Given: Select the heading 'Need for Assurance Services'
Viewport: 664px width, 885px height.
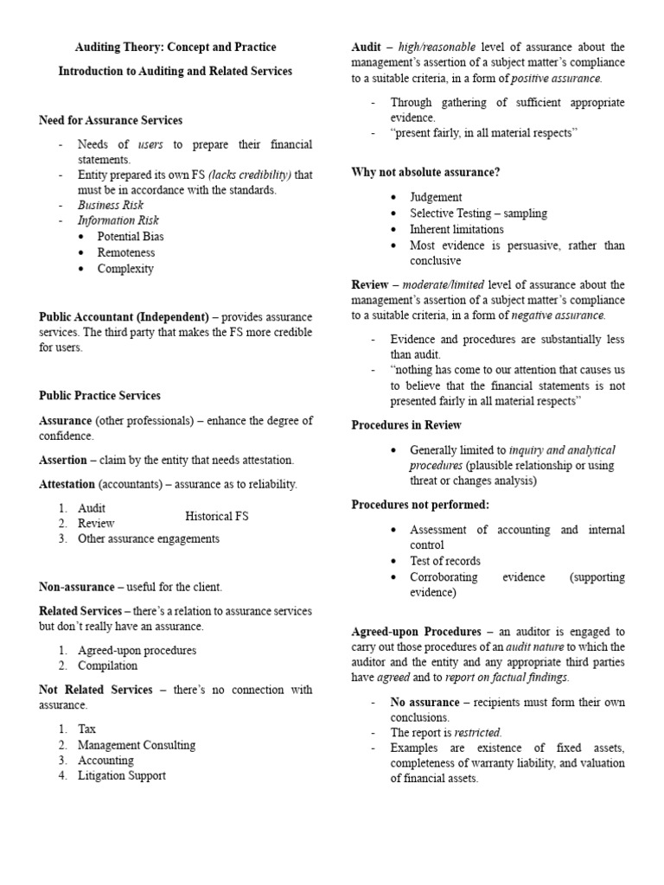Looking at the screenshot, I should (x=111, y=120).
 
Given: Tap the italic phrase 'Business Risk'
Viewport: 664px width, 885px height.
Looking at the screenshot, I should (x=111, y=205).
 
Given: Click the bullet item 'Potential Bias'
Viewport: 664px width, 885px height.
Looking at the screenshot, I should (x=131, y=236).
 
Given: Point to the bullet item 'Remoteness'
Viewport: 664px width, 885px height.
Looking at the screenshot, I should (x=126, y=252).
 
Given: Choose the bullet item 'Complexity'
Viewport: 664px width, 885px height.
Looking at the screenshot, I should (x=125, y=269).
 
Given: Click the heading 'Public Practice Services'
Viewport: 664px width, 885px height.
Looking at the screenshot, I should (x=99, y=395).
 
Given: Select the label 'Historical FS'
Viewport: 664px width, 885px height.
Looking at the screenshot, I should (x=216, y=516).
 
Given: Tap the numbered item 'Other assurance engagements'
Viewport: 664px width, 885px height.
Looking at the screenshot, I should (x=149, y=538).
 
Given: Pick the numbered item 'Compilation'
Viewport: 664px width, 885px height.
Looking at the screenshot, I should (x=107, y=665).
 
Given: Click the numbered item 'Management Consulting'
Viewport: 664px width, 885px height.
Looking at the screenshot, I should (x=137, y=744).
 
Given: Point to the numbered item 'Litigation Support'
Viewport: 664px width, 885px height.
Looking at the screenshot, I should (x=122, y=775).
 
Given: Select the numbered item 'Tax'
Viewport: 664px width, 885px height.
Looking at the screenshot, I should (x=86, y=729).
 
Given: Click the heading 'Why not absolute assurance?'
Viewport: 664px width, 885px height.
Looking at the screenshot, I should (x=425, y=172).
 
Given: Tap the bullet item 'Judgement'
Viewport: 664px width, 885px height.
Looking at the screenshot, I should (x=436, y=197).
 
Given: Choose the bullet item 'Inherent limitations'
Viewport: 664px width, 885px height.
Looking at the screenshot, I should (x=456, y=229).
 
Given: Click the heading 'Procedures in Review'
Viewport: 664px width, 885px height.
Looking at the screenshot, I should (x=406, y=425).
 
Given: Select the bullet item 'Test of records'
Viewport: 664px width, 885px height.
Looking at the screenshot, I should (x=445, y=561).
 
